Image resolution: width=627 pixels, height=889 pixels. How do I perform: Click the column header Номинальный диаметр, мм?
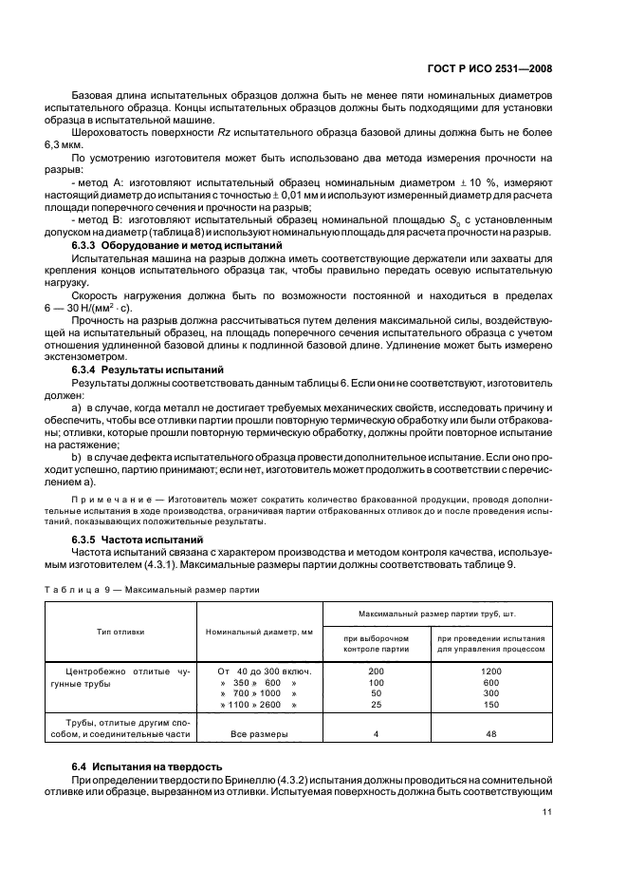[258, 631]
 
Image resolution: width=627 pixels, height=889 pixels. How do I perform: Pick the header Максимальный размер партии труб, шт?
[441, 615]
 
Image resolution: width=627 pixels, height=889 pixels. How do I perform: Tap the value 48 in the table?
[490, 733]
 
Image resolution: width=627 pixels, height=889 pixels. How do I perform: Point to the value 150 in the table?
[490, 705]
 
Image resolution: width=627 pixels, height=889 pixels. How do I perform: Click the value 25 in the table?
[376, 705]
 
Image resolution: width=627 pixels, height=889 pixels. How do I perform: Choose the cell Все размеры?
[258, 733]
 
